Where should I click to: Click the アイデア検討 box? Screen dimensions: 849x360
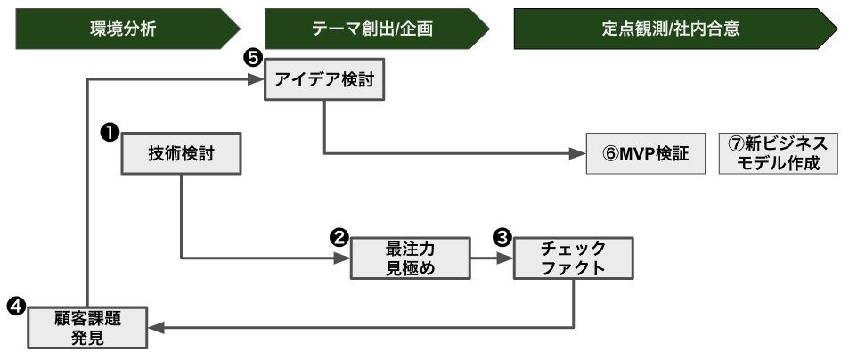click(324, 79)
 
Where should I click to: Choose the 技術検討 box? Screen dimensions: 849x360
click(181, 154)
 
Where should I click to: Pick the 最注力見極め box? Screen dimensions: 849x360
click(411, 258)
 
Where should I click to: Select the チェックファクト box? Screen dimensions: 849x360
click(574, 258)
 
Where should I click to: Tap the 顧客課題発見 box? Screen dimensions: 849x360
click(87, 328)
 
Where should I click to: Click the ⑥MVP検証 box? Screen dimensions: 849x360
click(645, 154)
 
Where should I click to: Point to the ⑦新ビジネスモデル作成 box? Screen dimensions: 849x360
click(778, 154)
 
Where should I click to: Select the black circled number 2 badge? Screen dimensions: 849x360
click(339, 238)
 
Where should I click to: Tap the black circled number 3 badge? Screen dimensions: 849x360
click(502, 238)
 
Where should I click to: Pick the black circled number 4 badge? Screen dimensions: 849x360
click(16, 307)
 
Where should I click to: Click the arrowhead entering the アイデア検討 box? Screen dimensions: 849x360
click(256, 79)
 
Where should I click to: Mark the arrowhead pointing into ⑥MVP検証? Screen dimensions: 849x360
click(577, 154)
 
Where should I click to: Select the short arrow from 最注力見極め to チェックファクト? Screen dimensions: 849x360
click(492, 258)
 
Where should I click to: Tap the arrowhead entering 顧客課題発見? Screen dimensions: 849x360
click(157, 328)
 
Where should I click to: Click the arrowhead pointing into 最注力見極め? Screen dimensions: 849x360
click(342, 258)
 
